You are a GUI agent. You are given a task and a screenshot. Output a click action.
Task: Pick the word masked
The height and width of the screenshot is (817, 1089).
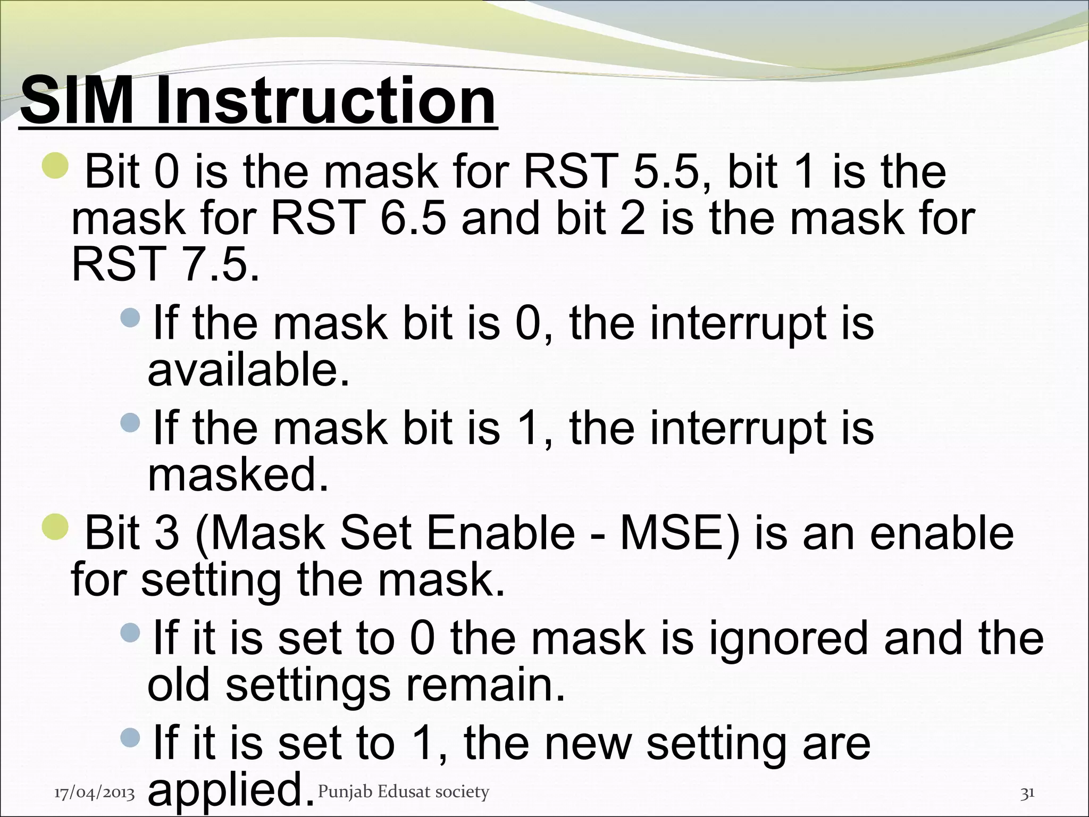[x=238, y=474]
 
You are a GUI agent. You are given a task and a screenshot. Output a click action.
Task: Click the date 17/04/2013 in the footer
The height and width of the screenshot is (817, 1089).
[x=95, y=793]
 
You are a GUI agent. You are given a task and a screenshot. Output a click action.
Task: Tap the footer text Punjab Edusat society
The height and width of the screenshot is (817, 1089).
[x=403, y=792]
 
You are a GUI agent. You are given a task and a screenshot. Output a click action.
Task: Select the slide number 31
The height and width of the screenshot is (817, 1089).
[x=1027, y=793]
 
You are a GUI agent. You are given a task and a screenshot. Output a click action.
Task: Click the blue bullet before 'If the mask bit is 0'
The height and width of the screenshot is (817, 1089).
[x=130, y=318]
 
